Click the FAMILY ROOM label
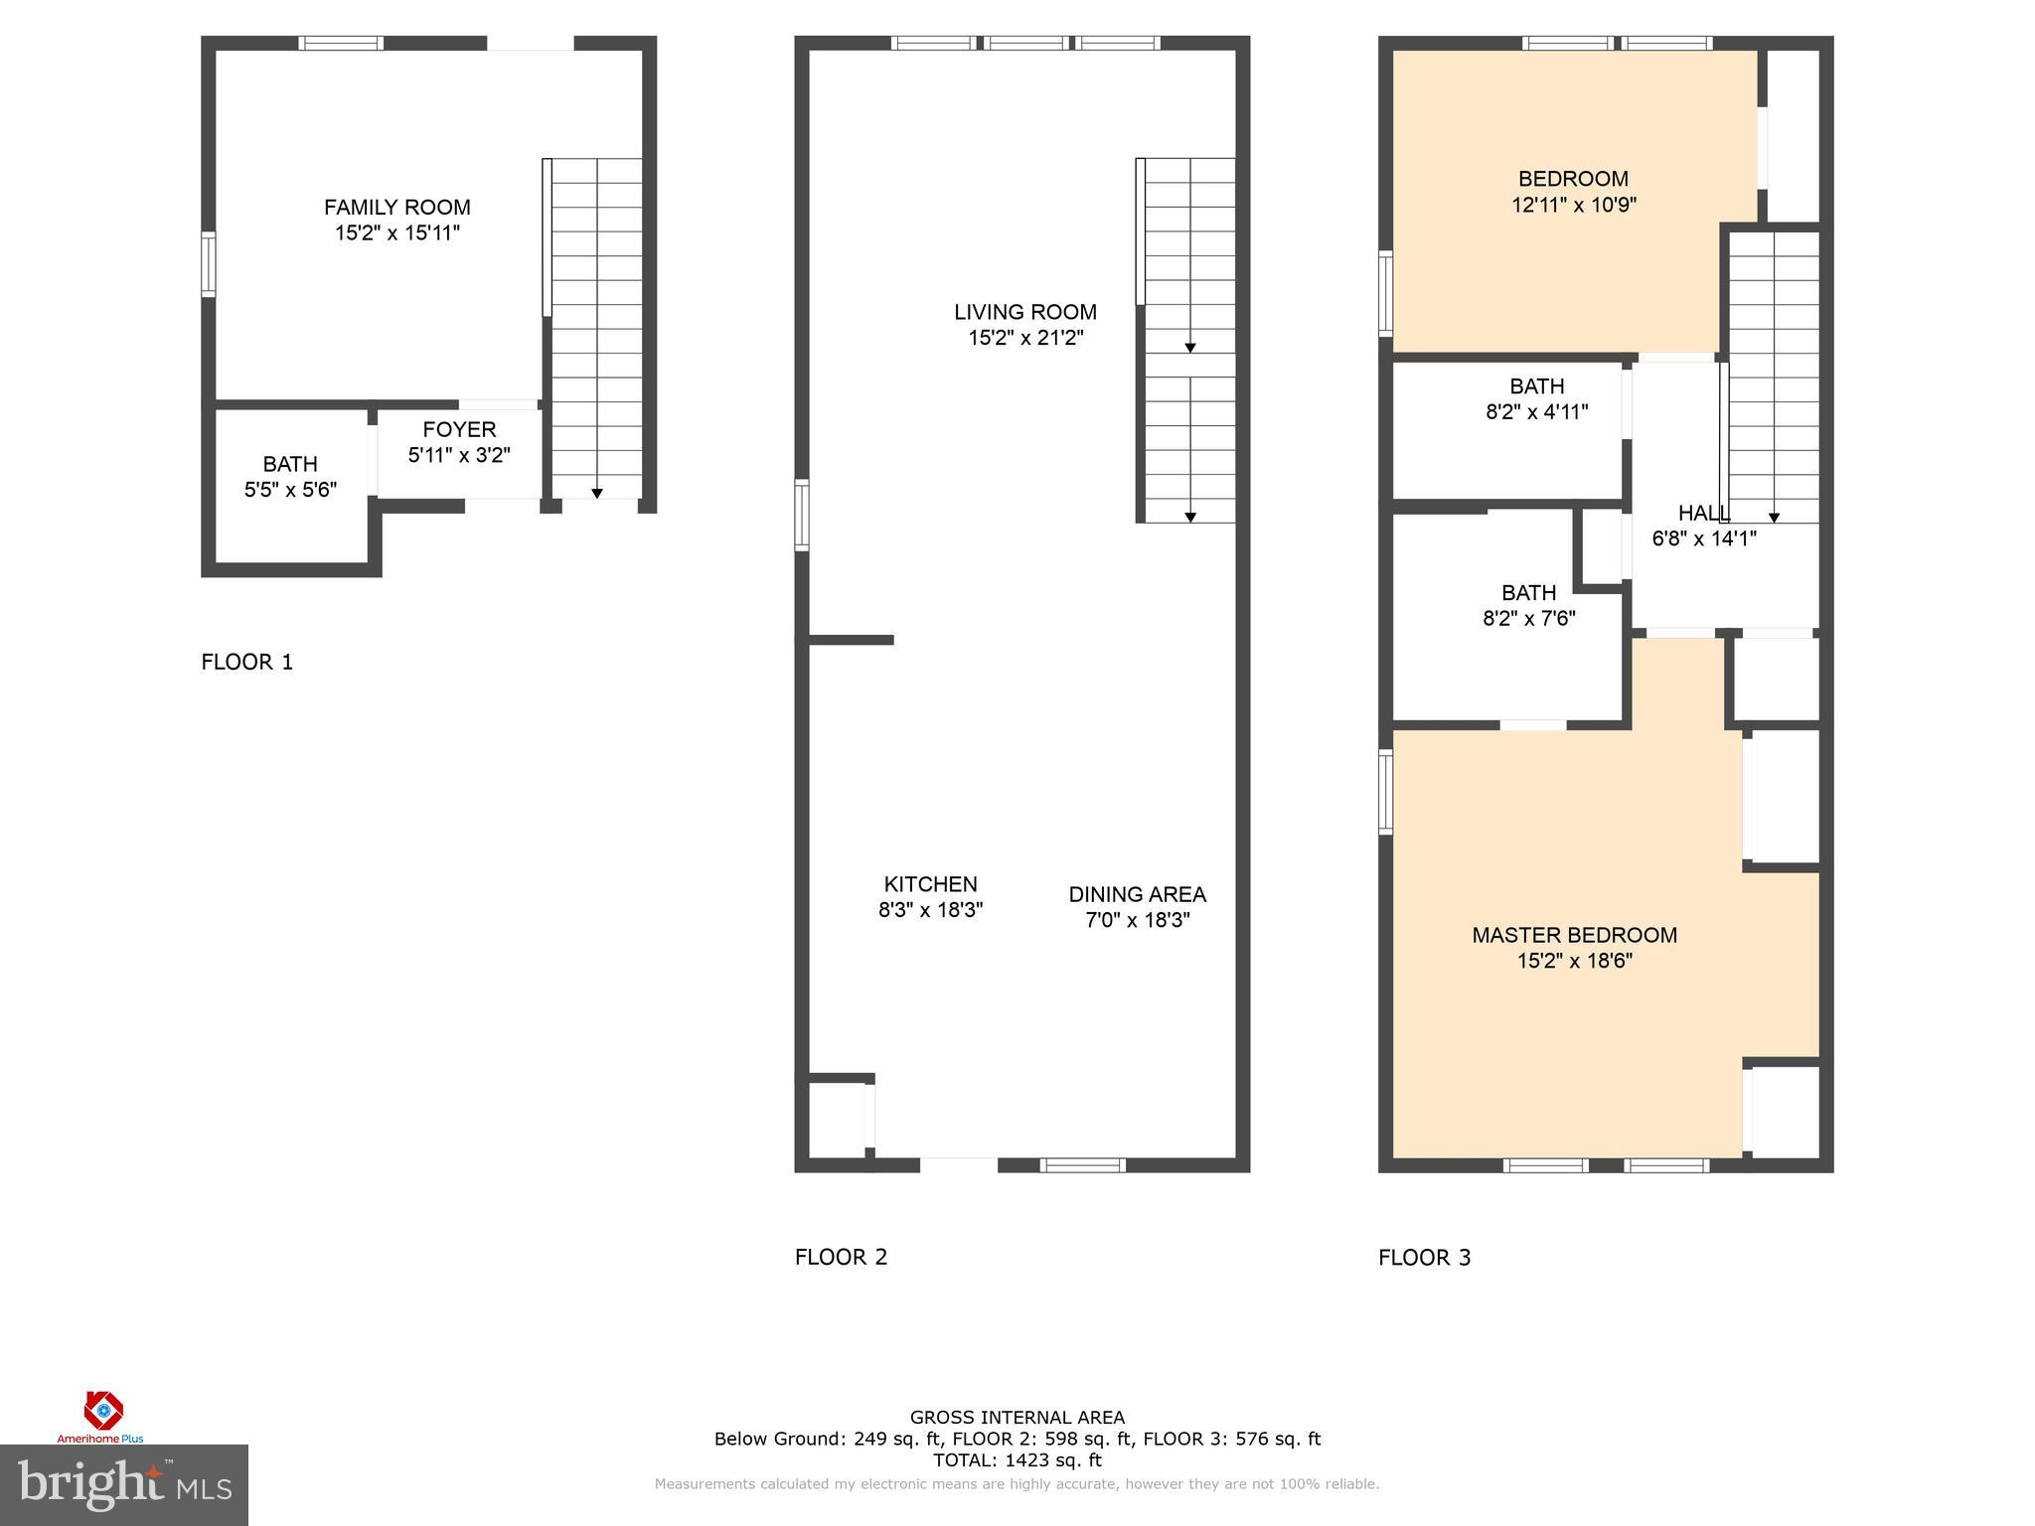396,208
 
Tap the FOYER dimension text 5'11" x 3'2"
459,455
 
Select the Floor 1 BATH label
290,464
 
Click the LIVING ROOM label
1024,312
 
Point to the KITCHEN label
930,884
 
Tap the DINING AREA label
1137,894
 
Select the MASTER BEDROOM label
1574,935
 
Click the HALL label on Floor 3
1702,514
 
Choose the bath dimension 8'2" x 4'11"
1536,411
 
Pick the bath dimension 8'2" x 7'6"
1528,618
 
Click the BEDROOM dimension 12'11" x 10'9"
1574,205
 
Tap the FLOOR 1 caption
247,662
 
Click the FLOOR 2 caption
841,1257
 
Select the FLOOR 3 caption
1424,1258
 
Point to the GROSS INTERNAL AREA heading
1017,1418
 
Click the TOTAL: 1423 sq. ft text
1017,1460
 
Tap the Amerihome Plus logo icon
102,1411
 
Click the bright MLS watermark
123,1484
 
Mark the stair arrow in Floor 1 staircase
597,493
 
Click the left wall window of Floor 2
802,515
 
